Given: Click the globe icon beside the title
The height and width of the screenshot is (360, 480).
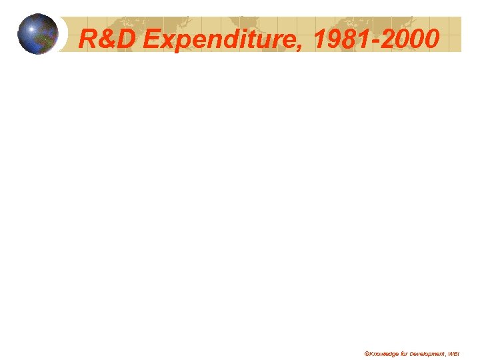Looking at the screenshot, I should pyautogui.click(x=38, y=34).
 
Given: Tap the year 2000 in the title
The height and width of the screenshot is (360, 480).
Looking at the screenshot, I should pyautogui.click(x=413, y=40).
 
